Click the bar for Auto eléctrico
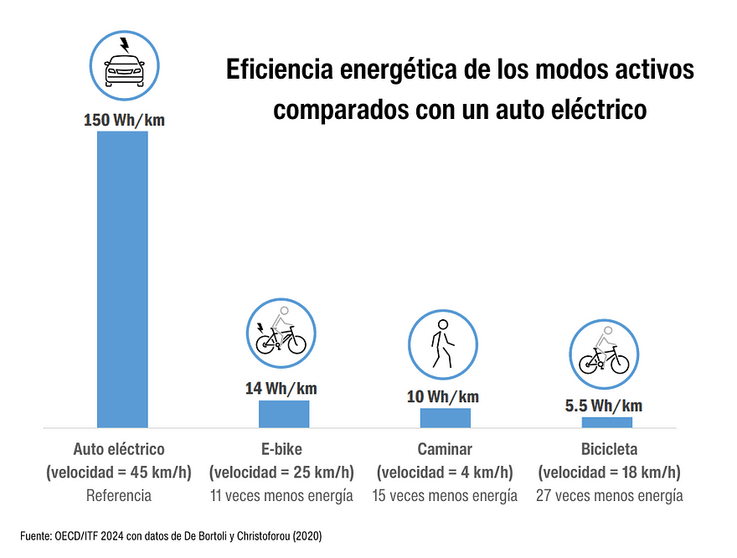click(x=122, y=279)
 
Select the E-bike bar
click(x=284, y=414)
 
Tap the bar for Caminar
click(x=446, y=417)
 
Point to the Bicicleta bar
click(x=607, y=422)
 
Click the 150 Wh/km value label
click(x=124, y=120)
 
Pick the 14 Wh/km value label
click(x=281, y=389)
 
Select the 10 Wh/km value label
click(x=442, y=396)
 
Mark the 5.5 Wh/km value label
click(x=604, y=406)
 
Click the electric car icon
click(x=124, y=66)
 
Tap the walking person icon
click(x=442, y=344)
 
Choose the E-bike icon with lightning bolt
click(x=281, y=335)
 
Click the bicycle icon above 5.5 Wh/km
click(x=604, y=352)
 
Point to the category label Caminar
click(x=445, y=449)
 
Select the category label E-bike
click(x=281, y=449)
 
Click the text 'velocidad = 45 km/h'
click(x=119, y=473)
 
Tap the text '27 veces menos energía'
click(x=609, y=495)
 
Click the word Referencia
click(x=119, y=495)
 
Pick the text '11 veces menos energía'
click(x=281, y=495)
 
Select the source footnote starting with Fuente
click(x=171, y=534)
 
